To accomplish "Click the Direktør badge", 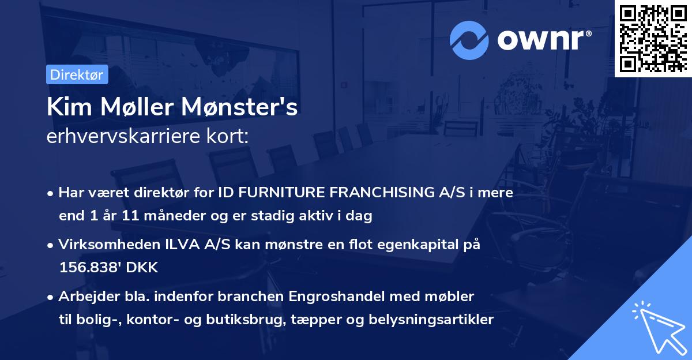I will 77,74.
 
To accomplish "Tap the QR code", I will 653,39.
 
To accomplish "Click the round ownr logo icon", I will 469,40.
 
